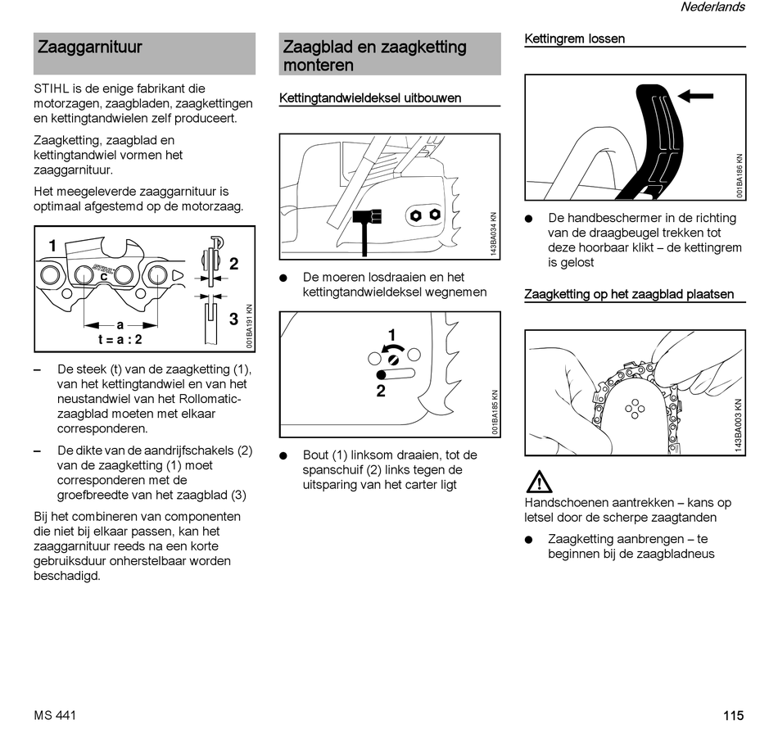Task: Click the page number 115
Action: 733,715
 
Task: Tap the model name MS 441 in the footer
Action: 55,715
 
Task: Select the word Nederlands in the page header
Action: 712,7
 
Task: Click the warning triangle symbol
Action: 539,482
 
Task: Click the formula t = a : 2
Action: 115,339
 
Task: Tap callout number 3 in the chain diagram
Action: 233,319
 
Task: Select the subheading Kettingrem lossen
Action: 574,38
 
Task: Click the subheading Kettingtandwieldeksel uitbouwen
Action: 370,98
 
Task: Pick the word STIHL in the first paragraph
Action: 50,88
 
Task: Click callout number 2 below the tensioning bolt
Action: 381,392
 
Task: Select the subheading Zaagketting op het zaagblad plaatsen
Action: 629,294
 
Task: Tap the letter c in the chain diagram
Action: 104,278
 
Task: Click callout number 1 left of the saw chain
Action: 52,246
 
